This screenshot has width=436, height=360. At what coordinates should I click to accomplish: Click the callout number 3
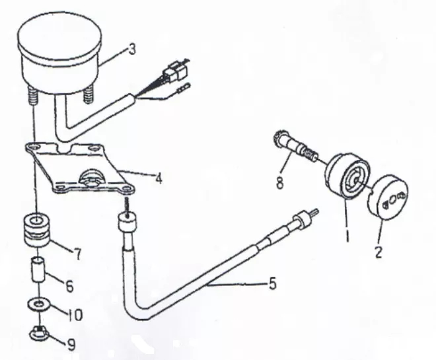[132, 50]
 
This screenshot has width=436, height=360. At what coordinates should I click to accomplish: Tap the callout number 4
[159, 178]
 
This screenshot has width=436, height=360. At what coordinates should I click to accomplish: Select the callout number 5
[272, 283]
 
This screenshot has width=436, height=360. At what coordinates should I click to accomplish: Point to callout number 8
[279, 183]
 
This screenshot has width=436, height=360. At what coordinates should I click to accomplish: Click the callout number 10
[75, 314]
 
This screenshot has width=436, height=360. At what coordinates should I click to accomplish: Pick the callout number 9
[71, 345]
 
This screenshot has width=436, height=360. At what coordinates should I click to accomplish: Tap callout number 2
[378, 252]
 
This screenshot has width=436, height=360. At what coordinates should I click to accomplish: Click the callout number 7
[77, 254]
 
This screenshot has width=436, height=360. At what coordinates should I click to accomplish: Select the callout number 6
[69, 286]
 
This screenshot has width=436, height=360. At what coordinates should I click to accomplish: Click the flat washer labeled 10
[39, 304]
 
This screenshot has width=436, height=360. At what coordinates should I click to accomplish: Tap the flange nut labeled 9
[39, 332]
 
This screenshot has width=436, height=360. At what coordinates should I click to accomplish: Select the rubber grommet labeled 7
[36, 230]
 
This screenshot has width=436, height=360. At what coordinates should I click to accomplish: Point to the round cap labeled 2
[388, 197]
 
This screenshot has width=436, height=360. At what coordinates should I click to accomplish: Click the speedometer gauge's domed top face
[59, 35]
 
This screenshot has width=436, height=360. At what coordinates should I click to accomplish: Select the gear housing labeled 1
[347, 176]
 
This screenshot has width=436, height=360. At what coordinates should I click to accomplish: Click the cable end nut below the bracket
[127, 221]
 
